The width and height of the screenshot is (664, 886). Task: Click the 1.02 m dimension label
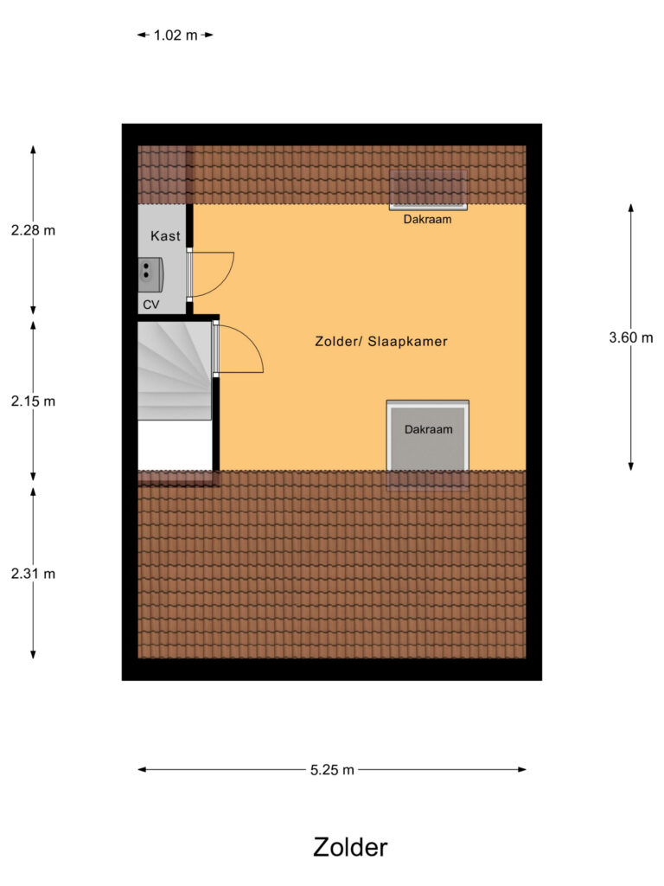coord(176,35)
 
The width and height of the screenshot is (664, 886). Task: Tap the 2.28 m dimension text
coord(34,230)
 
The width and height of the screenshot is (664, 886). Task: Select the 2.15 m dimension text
coord(34,401)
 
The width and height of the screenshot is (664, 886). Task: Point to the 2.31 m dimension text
coord(34,574)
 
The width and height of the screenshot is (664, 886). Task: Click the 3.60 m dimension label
coord(630,337)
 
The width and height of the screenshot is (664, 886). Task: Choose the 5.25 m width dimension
coord(332,769)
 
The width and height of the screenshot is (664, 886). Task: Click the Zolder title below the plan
coord(350,847)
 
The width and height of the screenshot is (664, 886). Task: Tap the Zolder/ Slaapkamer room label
coord(381,341)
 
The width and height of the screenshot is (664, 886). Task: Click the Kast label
coord(165,235)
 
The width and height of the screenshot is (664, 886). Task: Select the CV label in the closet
coord(150,305)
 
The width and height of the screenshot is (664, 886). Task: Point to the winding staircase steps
coord(175,370)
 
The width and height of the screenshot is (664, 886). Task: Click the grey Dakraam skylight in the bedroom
coord(427,435)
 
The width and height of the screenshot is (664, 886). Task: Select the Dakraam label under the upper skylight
coord(427,219)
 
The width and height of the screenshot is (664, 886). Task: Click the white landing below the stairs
coord(175,445)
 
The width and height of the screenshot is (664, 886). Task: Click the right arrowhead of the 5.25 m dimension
coord(522,769)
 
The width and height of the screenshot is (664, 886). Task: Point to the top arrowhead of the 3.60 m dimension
coord(630,208)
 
